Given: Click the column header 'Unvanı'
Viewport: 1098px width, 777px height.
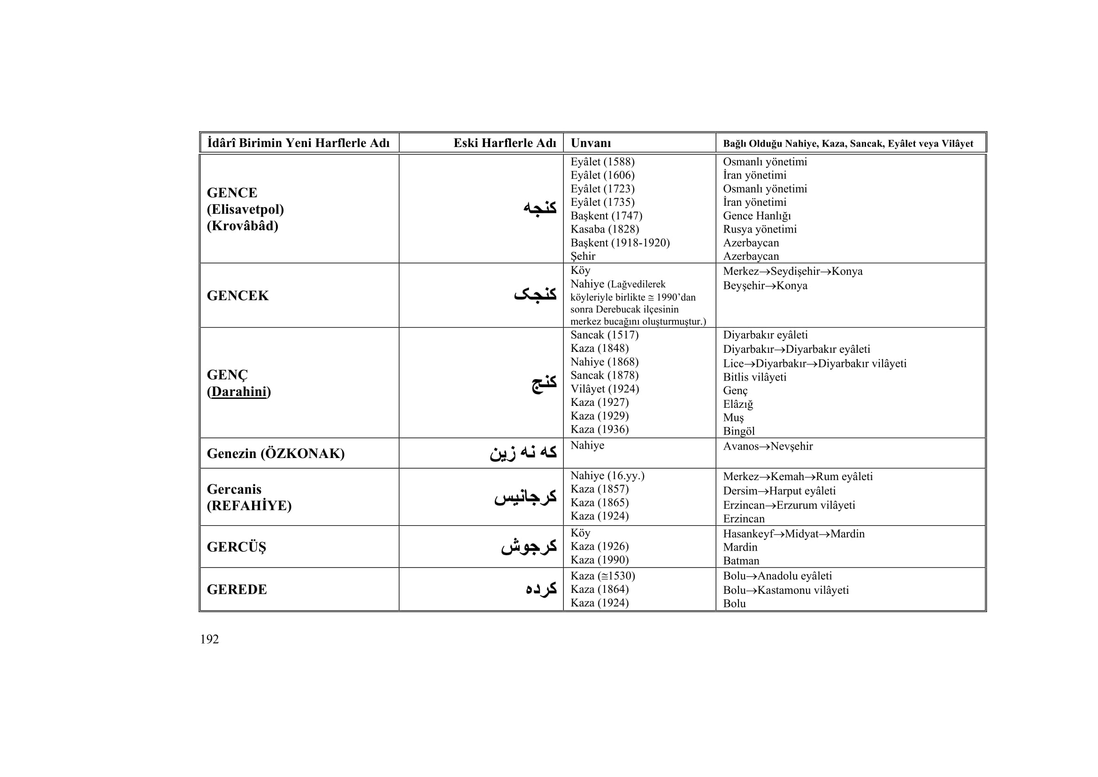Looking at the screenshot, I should (x=591, y=143).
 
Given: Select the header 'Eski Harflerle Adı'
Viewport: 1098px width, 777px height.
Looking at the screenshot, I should (x=505, y=143).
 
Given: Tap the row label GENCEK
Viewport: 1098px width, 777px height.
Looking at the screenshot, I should (x=238, y=295).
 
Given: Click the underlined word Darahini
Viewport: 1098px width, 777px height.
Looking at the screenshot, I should (x=238, y=392).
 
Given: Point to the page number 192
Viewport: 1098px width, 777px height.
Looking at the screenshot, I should (x=209, y=639).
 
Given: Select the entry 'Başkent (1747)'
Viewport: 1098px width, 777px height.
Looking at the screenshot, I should (x=606, y=216).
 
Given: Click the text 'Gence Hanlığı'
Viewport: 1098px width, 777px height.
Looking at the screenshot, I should (x=757, y=216).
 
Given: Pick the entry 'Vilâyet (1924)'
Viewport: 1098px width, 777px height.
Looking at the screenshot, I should (x=605, y=389).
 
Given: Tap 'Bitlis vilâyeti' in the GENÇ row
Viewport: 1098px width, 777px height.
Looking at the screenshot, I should (x=754, y=377).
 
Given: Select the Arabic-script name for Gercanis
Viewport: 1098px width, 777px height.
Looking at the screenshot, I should (x=525, y=497).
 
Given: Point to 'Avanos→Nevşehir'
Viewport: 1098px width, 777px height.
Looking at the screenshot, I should (x=768, y=446).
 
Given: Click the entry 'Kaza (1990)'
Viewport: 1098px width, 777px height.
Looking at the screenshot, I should (x=599, y=560).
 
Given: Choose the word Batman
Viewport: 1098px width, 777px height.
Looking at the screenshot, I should (x=741, y=561).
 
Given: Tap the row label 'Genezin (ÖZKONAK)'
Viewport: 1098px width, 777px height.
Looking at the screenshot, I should (x=276, y=454).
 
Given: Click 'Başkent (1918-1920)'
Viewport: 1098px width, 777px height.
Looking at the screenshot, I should (x=620, y=243).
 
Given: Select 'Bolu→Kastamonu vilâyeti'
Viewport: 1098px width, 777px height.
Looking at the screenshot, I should (x=786, y=590).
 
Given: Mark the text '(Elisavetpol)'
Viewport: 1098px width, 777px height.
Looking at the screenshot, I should (x=246, y=210).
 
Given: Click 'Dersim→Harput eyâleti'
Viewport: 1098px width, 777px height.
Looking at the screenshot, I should (x=779, y=491).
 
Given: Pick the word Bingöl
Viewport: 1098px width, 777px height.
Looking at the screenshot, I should (x=738, y=431).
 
